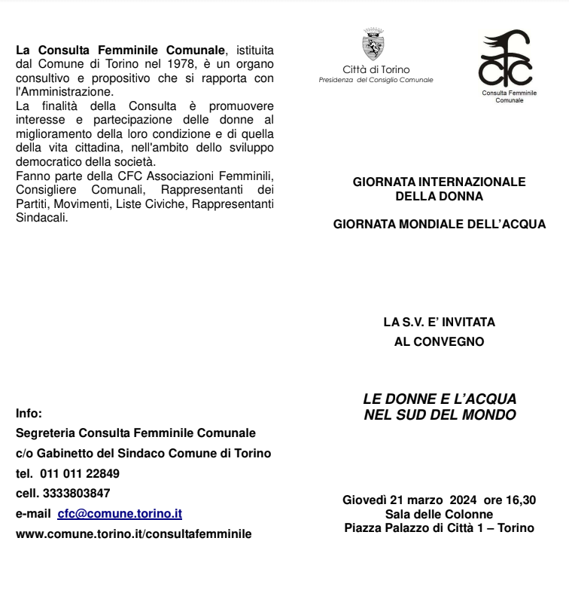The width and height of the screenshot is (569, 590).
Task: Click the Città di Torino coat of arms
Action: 373,45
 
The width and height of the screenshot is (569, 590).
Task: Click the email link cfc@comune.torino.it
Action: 120,514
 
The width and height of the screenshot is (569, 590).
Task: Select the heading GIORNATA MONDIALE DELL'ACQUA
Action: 440,225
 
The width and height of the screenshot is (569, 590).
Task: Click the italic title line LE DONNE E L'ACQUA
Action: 440,399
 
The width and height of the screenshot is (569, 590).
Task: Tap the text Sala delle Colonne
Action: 439,515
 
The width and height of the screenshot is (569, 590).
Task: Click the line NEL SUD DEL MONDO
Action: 440,414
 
